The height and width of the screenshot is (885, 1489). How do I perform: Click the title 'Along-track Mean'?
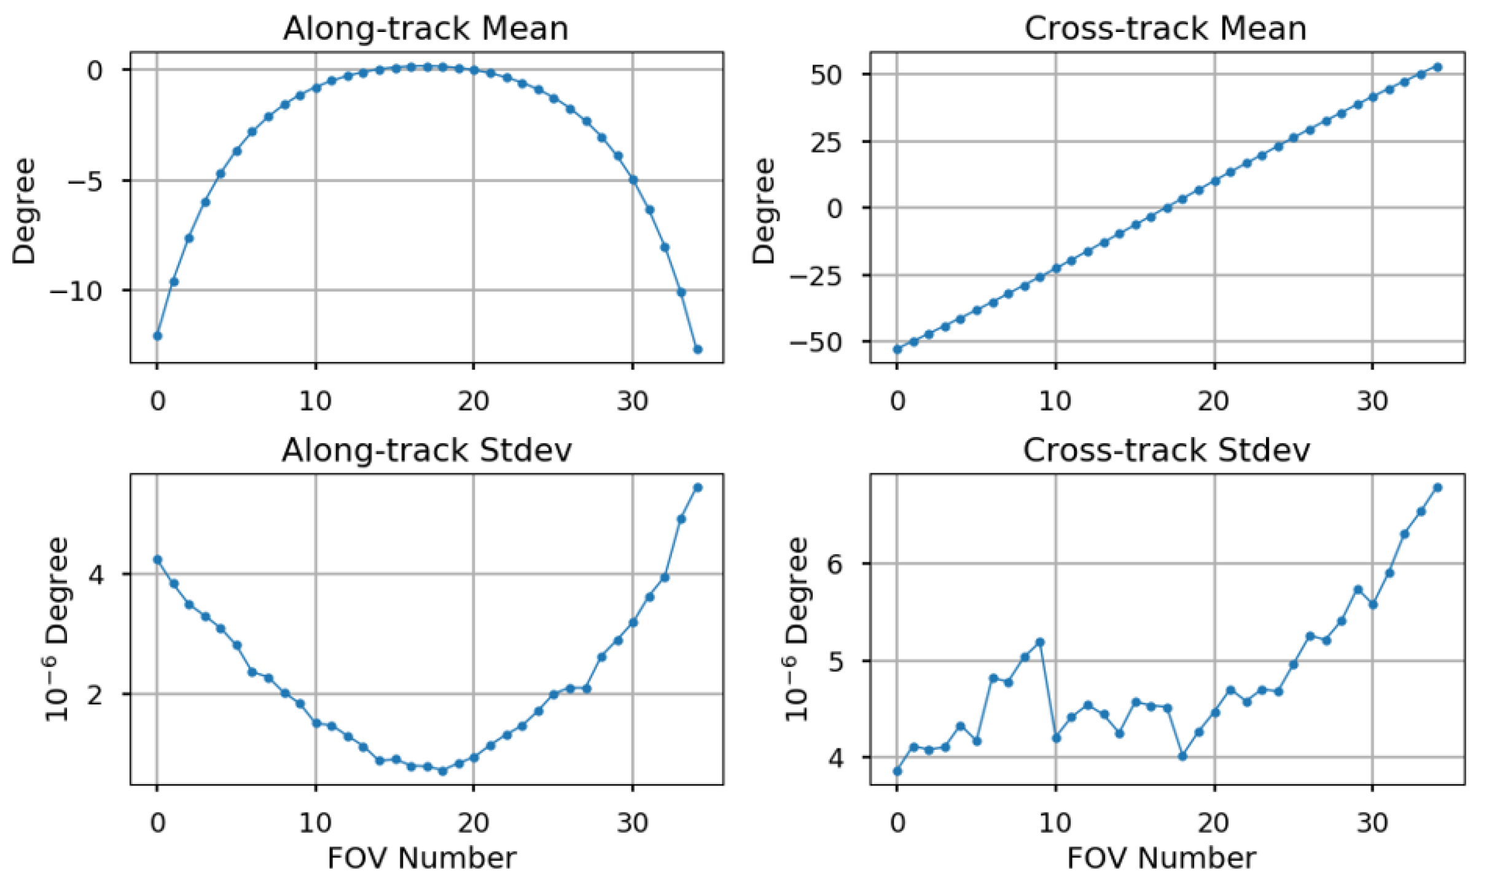click(425, 28)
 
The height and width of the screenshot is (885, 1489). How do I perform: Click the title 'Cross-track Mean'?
click(1165, 28)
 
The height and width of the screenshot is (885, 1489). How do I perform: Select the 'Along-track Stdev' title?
click(426, 450)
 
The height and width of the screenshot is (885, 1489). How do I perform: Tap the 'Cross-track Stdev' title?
click(1166, 450)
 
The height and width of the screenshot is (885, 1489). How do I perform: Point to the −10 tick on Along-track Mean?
click(84, 291)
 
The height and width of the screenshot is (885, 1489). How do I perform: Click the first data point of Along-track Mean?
click(157, 336)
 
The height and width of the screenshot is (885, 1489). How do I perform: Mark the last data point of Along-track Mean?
click(697, 350)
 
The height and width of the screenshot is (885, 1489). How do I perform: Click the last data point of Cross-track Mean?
click(1437, 67)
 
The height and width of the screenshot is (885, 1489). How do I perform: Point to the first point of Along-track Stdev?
click(157, 560)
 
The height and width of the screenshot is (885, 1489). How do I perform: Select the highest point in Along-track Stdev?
click(697, 488)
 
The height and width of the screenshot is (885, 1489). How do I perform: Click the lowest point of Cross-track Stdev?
click(897, 771)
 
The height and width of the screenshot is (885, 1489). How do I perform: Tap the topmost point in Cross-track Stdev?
click(1437, 488)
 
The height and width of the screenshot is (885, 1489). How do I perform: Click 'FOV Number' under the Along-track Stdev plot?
click(421, 858)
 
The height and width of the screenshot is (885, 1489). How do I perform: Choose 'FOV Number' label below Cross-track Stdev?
click(1161, 858)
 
